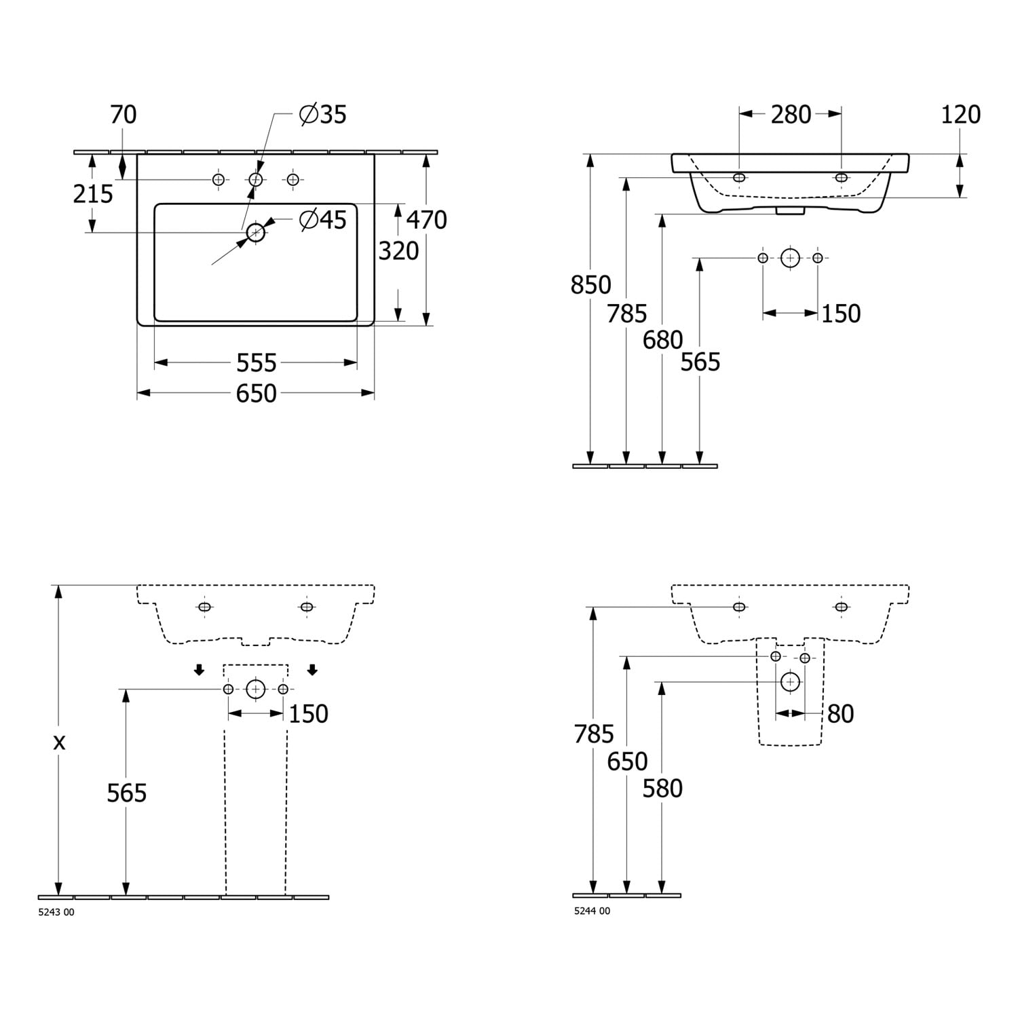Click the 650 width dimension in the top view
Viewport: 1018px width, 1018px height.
click(x=257, y=394)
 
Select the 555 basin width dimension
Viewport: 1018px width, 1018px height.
click(x=257, y=364)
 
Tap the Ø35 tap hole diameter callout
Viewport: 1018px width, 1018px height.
click(x=323, y=115)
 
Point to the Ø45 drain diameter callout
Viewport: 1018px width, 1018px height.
click(x=323, y=220)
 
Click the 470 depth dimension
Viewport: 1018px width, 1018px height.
click(x=427, y=220)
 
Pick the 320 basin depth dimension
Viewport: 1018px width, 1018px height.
click(x=398, y=251)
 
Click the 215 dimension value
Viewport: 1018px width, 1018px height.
click(x=93, y=194)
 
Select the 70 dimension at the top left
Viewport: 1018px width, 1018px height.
click(x=124, y=115)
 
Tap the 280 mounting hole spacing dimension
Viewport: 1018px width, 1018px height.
click(x=791, y=115)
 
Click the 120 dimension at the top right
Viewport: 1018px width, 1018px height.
click(x=960, y=115)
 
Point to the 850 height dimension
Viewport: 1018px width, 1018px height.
click(x=590, y=285)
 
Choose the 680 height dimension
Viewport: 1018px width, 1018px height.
click(x=663, y=340)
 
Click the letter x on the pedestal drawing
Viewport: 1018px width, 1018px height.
click(x=60, y=742)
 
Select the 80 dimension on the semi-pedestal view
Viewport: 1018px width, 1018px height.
click(x=840, y=714)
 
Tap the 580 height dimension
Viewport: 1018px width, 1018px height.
click(x=662, y=789)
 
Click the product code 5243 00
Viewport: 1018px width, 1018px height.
click(x=56, y=912)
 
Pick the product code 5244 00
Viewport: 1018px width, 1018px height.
click(x=592, y=911)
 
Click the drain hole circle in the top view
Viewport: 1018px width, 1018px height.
click(x=256, y=233)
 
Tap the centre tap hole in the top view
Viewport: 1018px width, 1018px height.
click(x=256, y=179)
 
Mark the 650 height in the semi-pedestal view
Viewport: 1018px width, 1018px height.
click(x=627, y=761)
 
